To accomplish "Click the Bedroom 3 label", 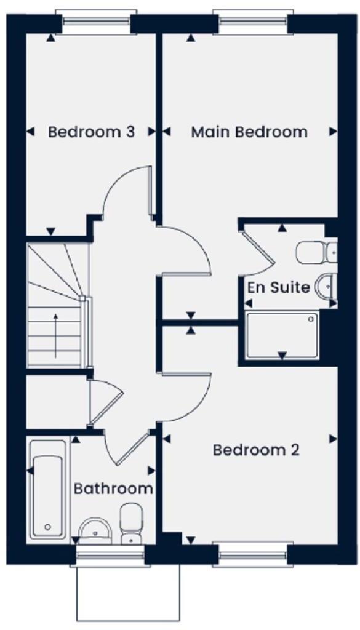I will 92,132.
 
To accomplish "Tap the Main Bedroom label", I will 249,132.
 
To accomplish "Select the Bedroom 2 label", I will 256,450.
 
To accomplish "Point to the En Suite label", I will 278,287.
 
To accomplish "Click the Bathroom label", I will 113,488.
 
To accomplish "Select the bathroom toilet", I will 131,524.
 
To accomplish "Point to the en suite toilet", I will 315,252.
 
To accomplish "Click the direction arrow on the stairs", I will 55,335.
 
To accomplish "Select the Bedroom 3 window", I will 96,23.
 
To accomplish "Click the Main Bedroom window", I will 254,23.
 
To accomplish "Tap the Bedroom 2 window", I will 254,556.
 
